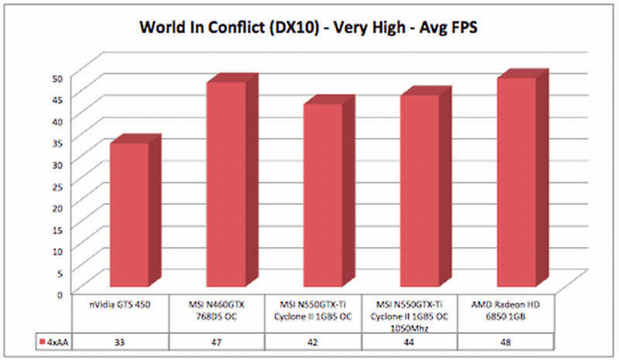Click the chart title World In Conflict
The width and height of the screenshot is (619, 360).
coord(309,28)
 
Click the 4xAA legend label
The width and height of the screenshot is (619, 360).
coord(54,341)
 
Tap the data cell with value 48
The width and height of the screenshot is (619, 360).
coord(506,341)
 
